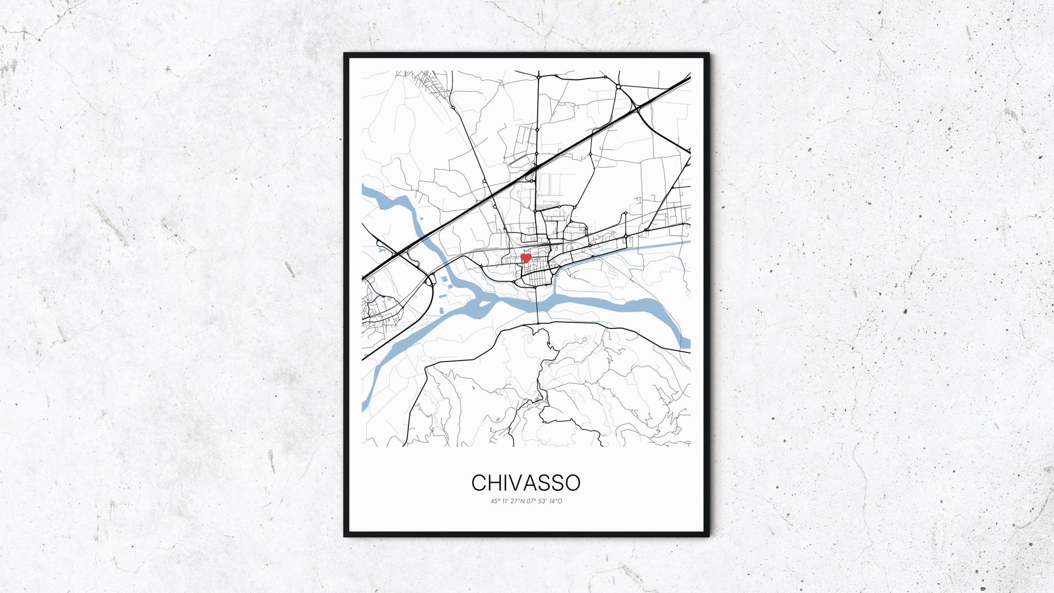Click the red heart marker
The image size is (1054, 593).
(525, 258)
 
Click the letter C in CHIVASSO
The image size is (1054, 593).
(478, 483)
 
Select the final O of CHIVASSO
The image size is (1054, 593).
(573, 483)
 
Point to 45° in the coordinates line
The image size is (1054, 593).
(495, 501)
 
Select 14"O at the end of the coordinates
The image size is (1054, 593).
(556, 501)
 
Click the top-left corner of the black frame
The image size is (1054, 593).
(345, 54)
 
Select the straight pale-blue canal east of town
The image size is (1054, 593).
(659, 244)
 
